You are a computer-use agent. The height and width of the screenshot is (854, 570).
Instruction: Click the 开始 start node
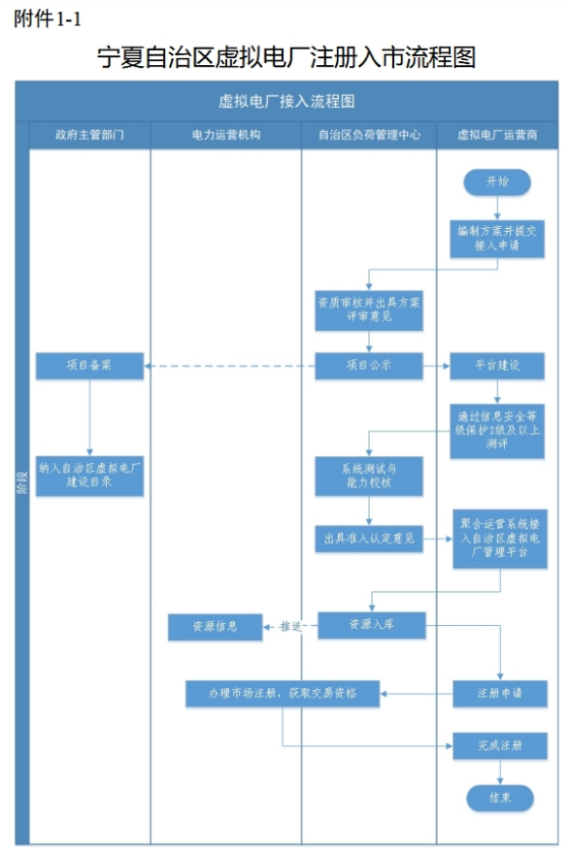coord(497,181)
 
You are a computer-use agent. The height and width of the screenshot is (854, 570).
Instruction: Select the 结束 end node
coord(500,798)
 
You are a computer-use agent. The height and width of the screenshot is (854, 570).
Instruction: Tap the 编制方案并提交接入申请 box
coord(497,239)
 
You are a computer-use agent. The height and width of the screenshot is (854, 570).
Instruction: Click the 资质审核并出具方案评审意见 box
coord(369,310)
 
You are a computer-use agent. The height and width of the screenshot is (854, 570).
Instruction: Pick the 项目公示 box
coord(369,366)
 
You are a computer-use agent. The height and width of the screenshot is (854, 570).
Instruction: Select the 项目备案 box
coord(90,366)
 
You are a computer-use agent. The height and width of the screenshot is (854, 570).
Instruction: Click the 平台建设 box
coord(497,366)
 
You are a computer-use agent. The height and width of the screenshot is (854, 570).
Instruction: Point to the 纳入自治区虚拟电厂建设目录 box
coord(90,476)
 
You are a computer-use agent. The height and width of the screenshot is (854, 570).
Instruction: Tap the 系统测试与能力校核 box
coord(369,476)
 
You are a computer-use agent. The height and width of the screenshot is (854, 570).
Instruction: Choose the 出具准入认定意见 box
coord(369,539)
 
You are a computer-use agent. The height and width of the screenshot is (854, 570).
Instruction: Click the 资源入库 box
coord(372,625)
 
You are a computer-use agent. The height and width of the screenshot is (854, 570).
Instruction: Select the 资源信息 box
coord(216,627)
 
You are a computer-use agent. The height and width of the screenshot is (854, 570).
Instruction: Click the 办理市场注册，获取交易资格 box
coord(283,693)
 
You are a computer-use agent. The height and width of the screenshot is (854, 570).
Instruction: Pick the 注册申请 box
coord(500,693)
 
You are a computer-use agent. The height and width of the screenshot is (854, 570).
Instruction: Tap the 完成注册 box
coord(500,745)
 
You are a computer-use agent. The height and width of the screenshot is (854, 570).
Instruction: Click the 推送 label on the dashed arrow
coord(290,626)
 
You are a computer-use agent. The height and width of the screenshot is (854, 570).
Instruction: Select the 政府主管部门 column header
coord(90,135)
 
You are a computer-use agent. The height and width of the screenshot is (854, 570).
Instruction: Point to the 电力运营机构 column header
coord(226,135)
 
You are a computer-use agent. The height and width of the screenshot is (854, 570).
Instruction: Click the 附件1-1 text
coord(48,19)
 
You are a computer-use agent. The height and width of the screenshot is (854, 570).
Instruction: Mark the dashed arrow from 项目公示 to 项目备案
coord(229,366)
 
